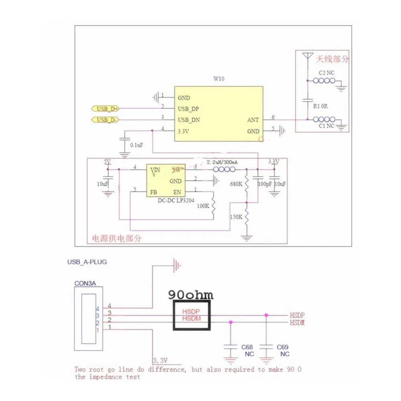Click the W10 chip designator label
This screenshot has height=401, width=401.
219,79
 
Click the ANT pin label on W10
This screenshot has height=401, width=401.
253,120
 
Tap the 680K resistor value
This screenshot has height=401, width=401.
236,184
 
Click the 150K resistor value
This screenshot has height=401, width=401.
236,217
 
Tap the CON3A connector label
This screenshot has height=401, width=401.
85,283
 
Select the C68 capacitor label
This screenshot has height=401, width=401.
247,347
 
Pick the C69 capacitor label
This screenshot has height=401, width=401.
282,347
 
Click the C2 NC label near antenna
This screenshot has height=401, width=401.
326,73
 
